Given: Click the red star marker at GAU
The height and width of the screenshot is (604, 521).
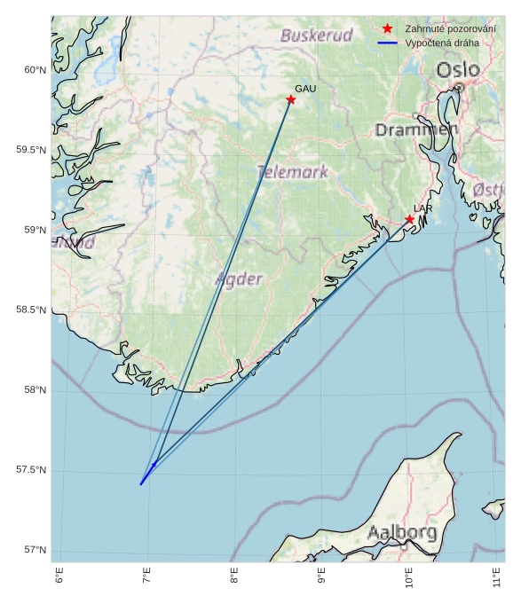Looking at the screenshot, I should tap(291, 99).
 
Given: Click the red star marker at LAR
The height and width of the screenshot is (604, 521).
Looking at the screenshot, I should tap(410, 219).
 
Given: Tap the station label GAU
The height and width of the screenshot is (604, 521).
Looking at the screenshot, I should tap(305, 89).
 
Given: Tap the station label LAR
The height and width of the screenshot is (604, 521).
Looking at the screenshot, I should tap(422, 208).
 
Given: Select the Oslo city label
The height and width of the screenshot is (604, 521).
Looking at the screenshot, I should tap(458, 70).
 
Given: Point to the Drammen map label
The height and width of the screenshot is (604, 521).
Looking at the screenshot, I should tap(416, 129).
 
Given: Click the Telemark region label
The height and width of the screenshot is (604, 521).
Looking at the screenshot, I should tap(293, 172).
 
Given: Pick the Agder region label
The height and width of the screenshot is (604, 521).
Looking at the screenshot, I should tap(240, 279).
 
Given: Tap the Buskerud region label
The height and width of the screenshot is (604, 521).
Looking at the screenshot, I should tap(317, 35).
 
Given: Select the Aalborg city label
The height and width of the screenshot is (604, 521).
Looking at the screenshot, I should tap(402, 533).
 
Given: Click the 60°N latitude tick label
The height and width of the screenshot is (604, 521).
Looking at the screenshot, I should tap(35, 70).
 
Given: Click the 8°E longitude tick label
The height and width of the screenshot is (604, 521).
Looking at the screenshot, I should tap(235, 576).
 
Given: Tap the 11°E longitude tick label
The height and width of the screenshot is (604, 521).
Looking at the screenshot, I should tap(498, 576).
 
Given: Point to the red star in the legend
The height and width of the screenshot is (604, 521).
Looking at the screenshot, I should tap(387, 28).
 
